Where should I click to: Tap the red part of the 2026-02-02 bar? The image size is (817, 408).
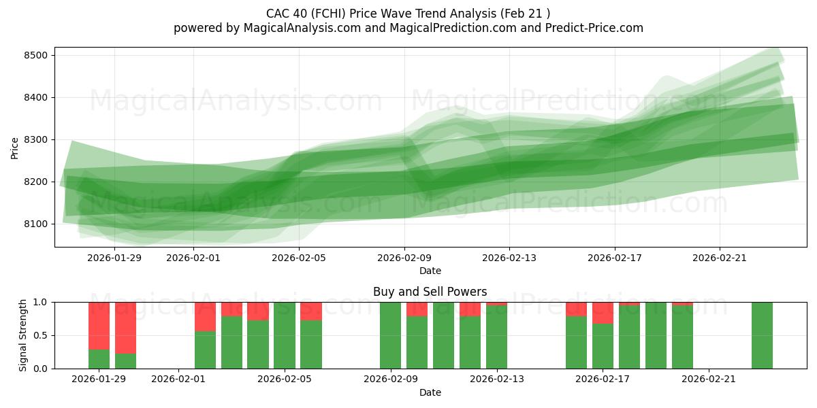(x=205, y=316)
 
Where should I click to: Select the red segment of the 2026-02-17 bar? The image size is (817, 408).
(x=603, y=313)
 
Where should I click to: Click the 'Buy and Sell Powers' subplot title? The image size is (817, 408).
(x=430, y=292)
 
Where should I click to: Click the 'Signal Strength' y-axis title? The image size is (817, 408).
(x=23, y=335)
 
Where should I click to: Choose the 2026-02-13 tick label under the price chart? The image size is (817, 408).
(x=509, y=258)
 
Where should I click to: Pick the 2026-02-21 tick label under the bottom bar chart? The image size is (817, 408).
(x=709, y=379)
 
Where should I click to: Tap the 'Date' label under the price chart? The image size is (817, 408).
(x=430, y=271)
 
